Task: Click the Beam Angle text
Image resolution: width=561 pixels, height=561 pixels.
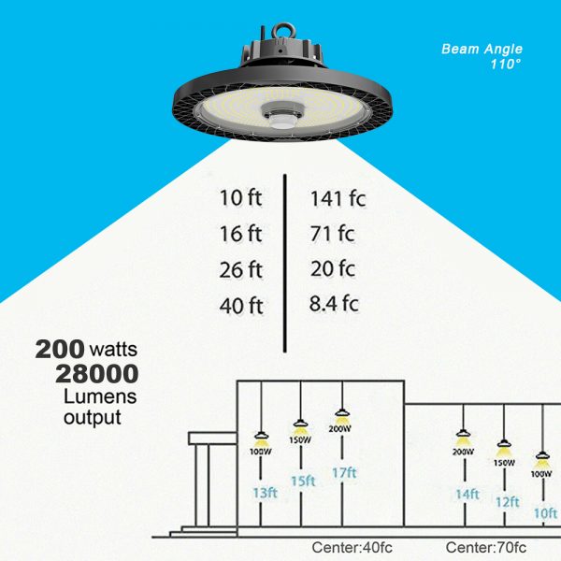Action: (x=482, y=49)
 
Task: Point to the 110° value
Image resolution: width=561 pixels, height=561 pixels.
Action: (x=506, y=65)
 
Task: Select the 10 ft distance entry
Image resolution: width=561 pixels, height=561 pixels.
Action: (x=241, y=198)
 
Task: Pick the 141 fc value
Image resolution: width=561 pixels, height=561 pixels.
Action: (x=338, y=198)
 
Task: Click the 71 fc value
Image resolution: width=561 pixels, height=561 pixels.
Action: (x=332, y=234)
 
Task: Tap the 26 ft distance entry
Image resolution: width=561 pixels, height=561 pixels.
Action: (x=241, y=270)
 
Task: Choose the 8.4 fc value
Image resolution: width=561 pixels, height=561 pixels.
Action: (x=334, y=304)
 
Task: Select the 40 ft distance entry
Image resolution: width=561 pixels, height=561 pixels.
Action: (x=241, y=306)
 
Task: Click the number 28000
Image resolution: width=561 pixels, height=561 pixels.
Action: (x=97, y=374)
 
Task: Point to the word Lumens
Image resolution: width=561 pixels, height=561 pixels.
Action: (x=100, y=396)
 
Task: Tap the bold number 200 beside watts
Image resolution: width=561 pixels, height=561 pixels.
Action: (x=60, y=349)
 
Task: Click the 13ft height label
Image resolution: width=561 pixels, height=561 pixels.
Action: (x=266, y=493)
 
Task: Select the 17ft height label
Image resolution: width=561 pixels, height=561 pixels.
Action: (x=344, y=473)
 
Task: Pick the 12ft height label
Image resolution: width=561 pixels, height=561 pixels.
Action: (x=508, y=502)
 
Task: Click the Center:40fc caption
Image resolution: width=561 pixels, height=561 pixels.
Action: (x=352, y=547)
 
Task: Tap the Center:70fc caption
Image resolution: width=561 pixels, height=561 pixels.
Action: (x=486, y=547)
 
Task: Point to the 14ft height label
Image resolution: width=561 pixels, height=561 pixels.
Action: (x=467, y=495)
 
